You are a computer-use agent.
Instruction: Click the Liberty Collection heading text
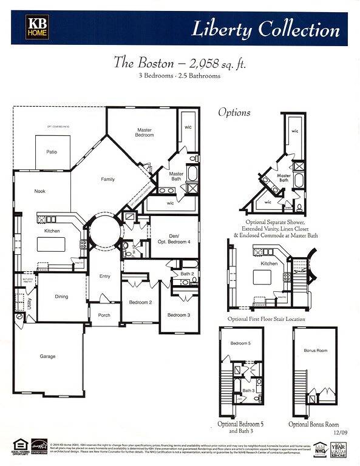click(266, 29)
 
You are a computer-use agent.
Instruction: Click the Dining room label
click(61, 297)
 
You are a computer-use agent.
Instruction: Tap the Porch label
click(104, 315)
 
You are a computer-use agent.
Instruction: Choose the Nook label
click(40, 191)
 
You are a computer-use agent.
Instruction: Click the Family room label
click(107, 179)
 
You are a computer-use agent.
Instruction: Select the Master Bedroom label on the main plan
click(144, 132)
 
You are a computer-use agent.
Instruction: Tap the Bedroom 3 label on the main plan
click(178, 315)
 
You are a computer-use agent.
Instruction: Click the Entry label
click(105, 276)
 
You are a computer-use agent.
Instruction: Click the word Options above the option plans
click(234, 113)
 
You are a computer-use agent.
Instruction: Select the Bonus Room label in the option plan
click(315, 351)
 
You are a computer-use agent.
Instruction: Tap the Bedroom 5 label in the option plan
click(240, 343)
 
